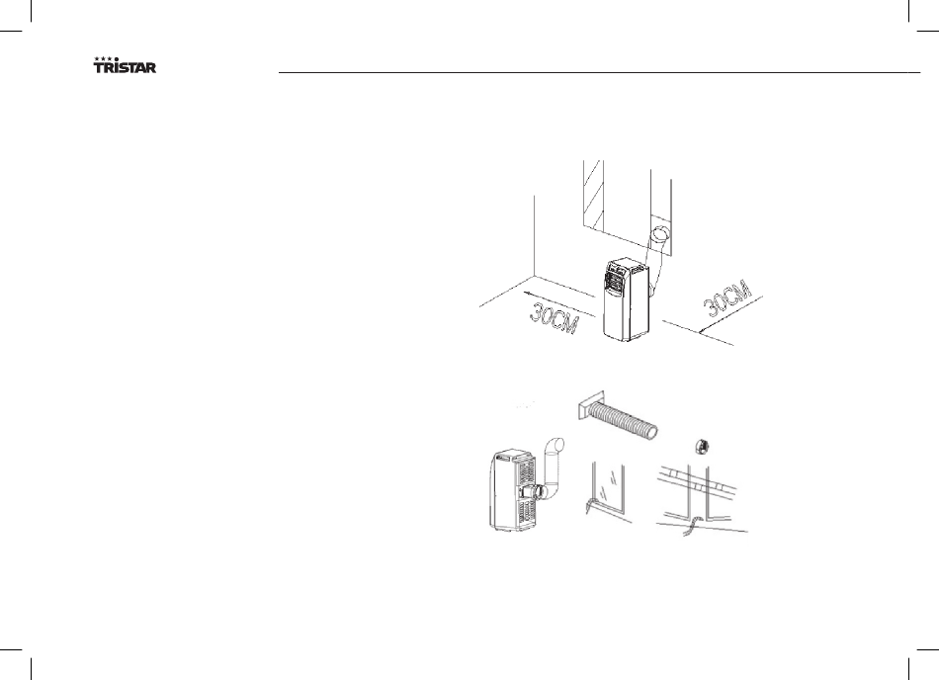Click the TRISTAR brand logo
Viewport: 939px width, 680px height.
(x=124, y=66)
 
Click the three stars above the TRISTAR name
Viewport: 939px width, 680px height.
(x=103, y=59)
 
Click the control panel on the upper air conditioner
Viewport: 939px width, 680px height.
(x=614, y=278)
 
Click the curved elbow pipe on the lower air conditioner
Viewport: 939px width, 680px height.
(x=554, y=467)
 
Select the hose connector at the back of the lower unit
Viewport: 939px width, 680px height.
(x=535, y=489)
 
